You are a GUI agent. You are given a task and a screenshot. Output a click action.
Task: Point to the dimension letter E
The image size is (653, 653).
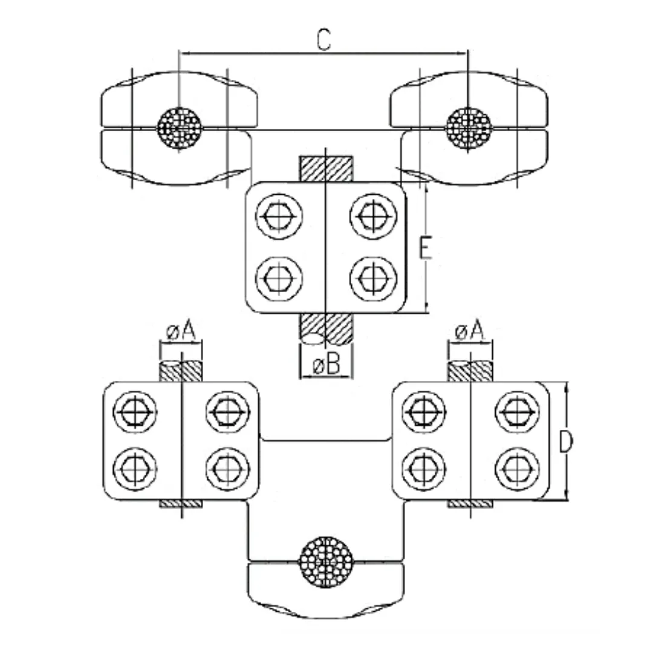[426, 249]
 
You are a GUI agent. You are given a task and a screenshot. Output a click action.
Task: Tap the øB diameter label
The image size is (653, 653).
[326, 366]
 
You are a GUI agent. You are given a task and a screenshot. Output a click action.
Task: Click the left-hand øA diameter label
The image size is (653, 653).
[181, 331]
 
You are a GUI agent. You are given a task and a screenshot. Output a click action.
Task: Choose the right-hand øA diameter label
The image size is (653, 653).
[470, 331]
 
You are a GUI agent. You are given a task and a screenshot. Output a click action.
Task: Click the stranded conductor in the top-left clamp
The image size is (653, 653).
[179, 128]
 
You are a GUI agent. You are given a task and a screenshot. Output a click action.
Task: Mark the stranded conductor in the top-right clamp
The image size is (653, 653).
[469, 128]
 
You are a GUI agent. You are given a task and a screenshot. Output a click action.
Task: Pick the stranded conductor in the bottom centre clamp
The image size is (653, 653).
[326, 560]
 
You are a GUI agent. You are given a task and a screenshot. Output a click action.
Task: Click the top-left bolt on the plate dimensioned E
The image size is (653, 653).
[279, 216]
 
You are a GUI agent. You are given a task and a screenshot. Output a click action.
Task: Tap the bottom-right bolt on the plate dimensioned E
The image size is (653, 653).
[372, 279]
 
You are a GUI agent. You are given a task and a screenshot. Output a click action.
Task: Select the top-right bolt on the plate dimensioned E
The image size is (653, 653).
[372, 216]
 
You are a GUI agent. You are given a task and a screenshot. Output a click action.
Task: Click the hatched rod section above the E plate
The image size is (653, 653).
[326, 169]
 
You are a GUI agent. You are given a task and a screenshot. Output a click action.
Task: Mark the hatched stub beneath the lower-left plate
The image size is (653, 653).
[181, 504]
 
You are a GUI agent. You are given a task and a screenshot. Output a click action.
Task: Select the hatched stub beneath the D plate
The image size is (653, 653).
[470, 504]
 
